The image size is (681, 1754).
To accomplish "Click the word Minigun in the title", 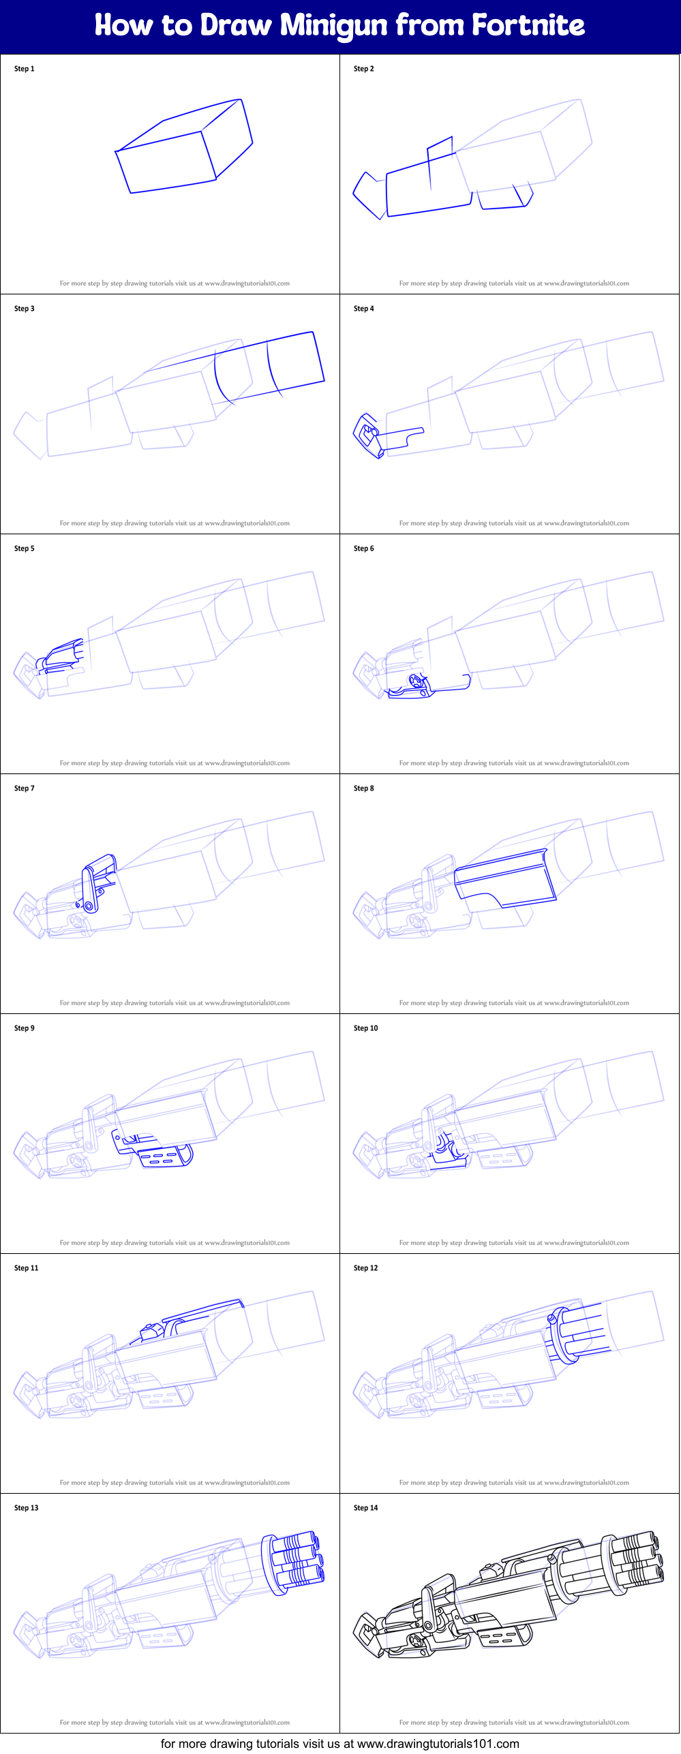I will click(x=335, y=27).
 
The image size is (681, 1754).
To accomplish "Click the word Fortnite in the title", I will click(x=528, y=25).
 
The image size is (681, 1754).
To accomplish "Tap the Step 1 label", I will click(x=24, y=69).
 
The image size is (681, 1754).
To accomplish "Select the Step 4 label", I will click(x=363, y=309).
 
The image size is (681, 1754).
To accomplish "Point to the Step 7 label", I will click(x=24, y=788).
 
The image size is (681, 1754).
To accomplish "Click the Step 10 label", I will click(x=365, y=1028).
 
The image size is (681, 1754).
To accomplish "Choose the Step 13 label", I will click(x=26, y=1508).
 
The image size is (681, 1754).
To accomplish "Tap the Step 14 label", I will click(x=365, y=1508).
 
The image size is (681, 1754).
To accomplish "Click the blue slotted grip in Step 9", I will click(x=164, y=1156).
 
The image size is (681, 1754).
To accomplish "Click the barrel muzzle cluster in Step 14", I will click(x=634, y=1561).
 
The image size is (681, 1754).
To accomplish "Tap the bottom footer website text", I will click(x=339, y=1743).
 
